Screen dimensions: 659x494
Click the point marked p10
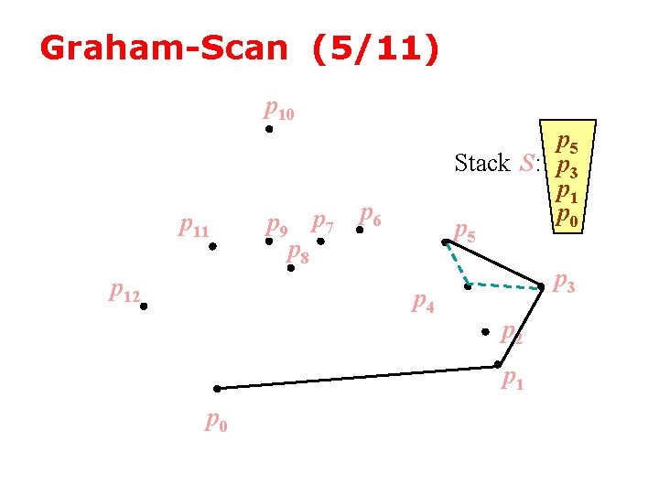(x=269, y=130)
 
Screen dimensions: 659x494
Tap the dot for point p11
(x=212, y=246)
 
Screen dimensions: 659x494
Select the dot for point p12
(x=144, y=307)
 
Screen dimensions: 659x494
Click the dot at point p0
(x=217, y=389)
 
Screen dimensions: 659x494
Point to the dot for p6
(x=360, y=231)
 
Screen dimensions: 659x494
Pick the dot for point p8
(x=290, y=268)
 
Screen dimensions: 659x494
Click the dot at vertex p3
(x=541, y=287)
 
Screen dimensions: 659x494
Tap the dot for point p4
(x=467, y=287)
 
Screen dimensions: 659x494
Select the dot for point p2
(x=486, y=333)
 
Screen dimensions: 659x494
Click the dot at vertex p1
(x=497, y=365)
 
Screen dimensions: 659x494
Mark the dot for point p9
(x=269, y=242)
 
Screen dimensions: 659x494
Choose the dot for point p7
(x=320, y=242)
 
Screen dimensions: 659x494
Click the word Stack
(x=481, y=164)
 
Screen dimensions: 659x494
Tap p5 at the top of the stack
(x=567, y=144)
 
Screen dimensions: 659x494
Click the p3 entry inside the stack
(x=567, y=168)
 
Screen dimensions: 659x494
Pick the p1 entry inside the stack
(x=567, y=193)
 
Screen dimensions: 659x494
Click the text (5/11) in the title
(x=375, y=48)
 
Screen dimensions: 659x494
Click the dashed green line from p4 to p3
(x=504, y=287)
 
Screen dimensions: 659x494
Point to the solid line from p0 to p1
(x=357, y=377)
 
